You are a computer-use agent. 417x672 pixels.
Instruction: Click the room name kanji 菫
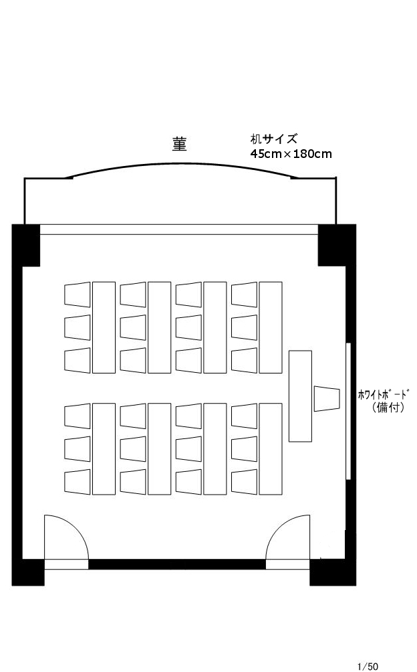pyautogui.click(x=180, y=144)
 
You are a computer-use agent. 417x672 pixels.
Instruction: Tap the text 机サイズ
pyautogui.click(x=273, y=139)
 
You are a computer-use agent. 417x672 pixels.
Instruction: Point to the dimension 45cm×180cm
pyautogui.click(x=291, y=153)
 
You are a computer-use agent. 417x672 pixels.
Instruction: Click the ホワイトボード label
pyautogui.click(x=384, y=394)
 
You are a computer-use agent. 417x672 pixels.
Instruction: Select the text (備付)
pyautogui.click(x=388, y=407)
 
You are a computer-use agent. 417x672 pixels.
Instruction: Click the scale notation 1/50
pyautogui.click(x=368, y=666)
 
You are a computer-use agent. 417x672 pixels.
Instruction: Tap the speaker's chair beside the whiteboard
pyautogui.click(x=327, y=398)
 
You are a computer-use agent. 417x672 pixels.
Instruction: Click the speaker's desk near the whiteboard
pyautogui.click(x=300, y=396)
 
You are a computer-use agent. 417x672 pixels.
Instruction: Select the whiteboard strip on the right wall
pyautogui.click(x=349, y=411)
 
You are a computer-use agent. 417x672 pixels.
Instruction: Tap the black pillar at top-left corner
pyautogui.click(x=25, y=245)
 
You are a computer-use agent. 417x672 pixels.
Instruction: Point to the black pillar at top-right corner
pyautogui.click(x=337, y=245)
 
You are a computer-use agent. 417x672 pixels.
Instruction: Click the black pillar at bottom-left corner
pyautogui.click(x=28, y=572)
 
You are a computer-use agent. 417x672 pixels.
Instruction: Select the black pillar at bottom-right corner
pyautogui.click(x=333, y=572)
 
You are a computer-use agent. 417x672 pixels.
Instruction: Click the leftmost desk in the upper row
pyautogui.click(x=104, y=327)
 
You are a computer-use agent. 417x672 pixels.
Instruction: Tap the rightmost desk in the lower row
pyautogui.click(x=271, y=449)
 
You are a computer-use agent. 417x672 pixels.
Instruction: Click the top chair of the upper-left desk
pyautogui.click(x=78, y=295)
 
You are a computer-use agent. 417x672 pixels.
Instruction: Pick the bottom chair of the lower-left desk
pyautogui.click(x=78, y=482)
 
